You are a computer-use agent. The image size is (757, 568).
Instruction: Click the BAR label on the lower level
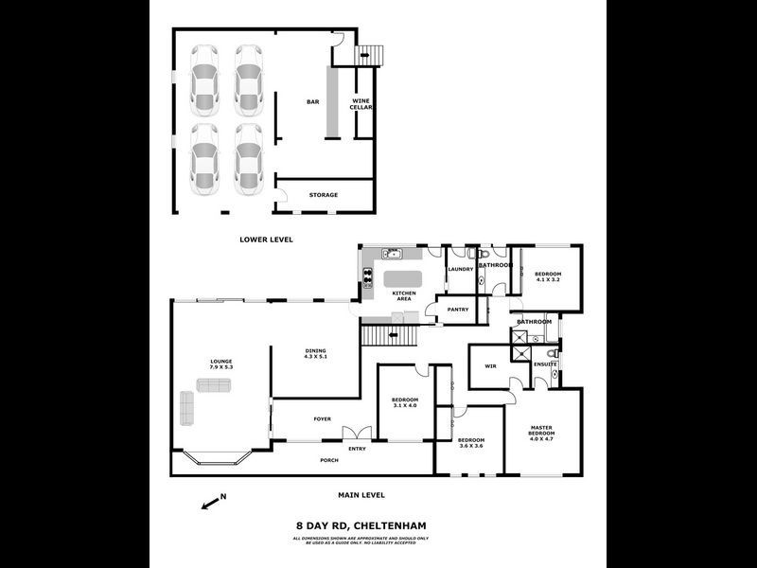311,101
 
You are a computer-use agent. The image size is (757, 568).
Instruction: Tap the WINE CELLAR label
361,104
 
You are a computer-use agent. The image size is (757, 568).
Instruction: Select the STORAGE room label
323,195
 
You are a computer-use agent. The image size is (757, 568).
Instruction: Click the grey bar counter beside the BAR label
333,103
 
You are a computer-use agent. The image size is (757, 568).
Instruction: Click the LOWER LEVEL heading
266,240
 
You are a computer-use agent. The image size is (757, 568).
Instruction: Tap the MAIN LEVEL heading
361,495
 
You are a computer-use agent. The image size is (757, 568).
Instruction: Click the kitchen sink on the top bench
393,253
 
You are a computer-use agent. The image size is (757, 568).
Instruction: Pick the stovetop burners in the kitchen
365,277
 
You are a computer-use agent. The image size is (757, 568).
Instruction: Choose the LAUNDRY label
460,270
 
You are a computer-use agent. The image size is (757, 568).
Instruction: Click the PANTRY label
458,309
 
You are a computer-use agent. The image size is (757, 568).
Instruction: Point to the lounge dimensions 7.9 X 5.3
221,367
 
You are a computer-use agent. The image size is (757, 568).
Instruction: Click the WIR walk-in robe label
490,365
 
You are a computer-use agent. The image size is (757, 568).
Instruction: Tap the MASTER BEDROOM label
541,433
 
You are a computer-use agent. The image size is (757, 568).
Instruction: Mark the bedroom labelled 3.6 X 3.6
470,445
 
